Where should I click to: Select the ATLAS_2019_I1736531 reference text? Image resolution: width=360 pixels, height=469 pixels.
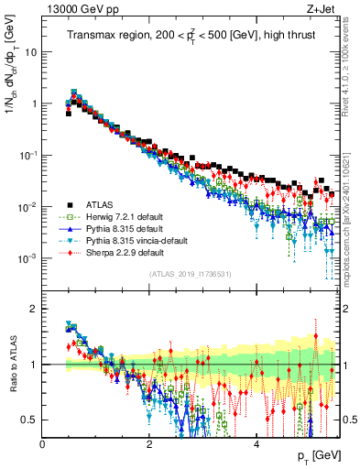coord(190,274)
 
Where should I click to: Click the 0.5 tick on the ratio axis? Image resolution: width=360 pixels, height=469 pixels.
coord(29,420)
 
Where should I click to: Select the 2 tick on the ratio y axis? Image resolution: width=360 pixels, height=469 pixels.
coord(33,309)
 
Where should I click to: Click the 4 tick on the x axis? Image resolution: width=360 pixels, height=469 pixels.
coord(256,442)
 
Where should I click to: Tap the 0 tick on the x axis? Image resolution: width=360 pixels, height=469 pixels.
coord(43,442)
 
